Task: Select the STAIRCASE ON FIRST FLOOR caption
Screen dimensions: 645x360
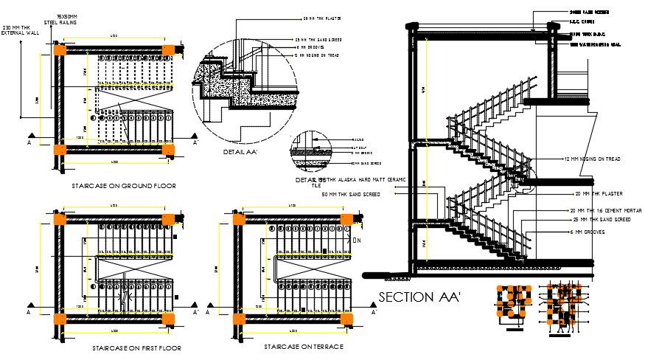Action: click(x=137, y=347)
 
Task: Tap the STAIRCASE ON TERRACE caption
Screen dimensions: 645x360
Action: click(x=304, y=345)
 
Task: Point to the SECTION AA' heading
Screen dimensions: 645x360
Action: click(x=419, y=297)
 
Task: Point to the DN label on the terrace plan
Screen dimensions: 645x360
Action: click(x=356, y=240)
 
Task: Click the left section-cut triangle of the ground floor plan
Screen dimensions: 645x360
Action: click(x=32, y=136)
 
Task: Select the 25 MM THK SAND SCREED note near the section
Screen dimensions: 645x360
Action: click(x=596, y=221)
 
